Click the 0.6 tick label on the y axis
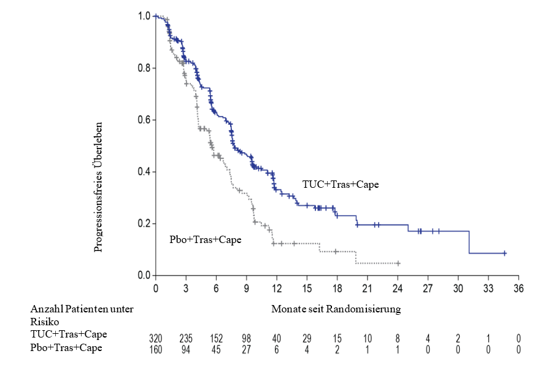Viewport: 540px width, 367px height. coord(145,120)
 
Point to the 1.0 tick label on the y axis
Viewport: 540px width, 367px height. coord(145,16)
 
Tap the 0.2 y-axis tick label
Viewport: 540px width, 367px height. coord(145,223)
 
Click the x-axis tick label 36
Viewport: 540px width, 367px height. coord(518,288)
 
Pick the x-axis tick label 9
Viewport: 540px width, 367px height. coord(247,288)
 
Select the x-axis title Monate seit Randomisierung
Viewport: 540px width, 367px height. coord(336,309)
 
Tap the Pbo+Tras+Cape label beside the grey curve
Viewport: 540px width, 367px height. coord(205,239)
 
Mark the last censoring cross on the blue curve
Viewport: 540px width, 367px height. coord(504,253)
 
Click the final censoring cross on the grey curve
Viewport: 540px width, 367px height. coord(398,263)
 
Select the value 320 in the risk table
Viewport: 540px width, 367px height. coord(156,338)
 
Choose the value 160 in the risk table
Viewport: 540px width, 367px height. coord(156,349)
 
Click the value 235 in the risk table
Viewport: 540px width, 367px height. coord(186,338)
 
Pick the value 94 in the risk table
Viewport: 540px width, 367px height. coord(186,349)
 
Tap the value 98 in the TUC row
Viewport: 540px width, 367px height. coord(247,338)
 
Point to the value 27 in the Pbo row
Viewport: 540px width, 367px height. coord(247,349)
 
